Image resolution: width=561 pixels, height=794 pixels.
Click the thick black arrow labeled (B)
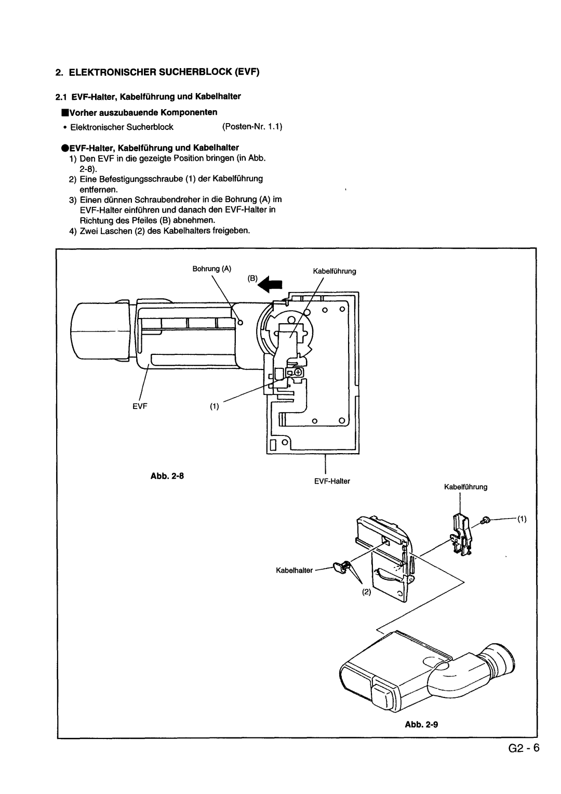[x=270, y=285]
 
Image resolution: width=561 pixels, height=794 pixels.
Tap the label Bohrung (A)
[x=212, y=269]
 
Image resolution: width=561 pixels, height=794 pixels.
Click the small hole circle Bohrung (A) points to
[x=241, y=322]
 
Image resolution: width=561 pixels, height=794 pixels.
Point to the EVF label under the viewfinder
[x=140, y=406]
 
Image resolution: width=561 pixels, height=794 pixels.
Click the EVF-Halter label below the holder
[x=332, y=481]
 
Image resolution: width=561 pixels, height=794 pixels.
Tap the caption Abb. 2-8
[x=167, y=475]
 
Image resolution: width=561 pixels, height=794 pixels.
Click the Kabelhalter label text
[x=294, y=571]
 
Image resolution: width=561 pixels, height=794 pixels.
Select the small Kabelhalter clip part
[x=341, y=566]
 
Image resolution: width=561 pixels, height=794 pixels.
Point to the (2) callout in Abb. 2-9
[x=366, y=592]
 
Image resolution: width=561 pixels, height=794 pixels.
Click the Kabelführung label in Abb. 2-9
[x=465, y=487]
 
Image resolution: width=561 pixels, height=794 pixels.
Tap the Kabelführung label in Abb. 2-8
[x=335, y=271]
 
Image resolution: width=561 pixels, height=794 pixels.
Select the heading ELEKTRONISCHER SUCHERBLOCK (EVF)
[x=164, y=72]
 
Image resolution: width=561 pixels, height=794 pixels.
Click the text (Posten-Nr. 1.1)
[x=252, y=127]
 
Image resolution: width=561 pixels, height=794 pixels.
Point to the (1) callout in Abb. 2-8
[x=215, y=406]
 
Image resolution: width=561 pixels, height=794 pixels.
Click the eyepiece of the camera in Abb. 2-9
[x=500, y=659]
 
